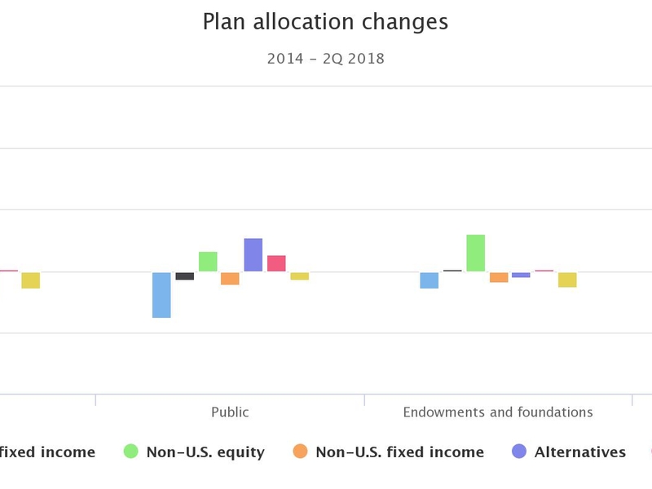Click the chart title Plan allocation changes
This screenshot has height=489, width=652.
point(325,22)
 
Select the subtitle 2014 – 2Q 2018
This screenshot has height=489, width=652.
point(325,59)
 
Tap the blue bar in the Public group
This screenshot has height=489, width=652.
point(161,294)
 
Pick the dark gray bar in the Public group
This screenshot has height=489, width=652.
point(185,276)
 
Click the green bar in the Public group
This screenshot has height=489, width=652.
point(208,262)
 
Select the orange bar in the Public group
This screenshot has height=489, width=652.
point(231,279)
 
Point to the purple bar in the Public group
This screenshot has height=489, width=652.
point(253,255)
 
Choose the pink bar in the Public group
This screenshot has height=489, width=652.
point(276,263)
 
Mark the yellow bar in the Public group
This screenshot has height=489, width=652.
point(300,276)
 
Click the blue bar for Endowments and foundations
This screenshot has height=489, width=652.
point(430,280)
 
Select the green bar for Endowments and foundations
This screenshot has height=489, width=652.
point(476,253)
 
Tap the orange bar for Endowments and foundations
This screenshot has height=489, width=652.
point(499,277)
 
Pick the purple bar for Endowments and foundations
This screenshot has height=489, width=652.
point(522,275)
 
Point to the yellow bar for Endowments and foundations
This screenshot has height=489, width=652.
point(567,280)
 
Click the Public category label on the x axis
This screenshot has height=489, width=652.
point(230,412)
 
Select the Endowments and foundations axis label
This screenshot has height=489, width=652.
point(498,412)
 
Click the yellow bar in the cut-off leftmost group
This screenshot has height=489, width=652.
point(31,280)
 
